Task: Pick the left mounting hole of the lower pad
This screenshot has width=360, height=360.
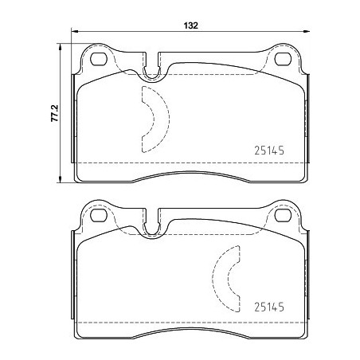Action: point(98,215)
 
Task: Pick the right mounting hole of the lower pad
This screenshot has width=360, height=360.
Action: point(282,215)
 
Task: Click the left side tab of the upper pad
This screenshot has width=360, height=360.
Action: point(74,119)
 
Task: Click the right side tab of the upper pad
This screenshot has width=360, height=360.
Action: point(307,119)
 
